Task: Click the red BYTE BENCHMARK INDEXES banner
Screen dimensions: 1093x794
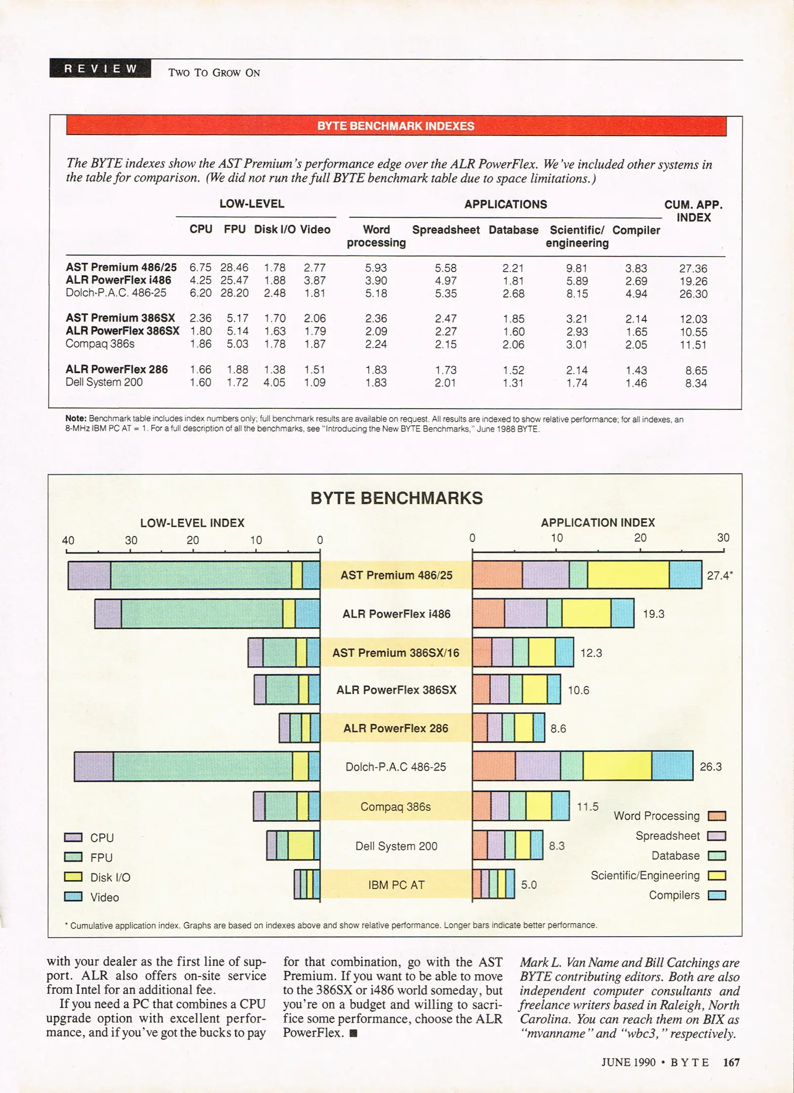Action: (x=396, y=126)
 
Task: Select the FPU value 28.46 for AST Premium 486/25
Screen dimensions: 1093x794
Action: (x=234, y=268)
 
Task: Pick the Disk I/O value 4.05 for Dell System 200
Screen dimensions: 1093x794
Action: (x=274, y=383)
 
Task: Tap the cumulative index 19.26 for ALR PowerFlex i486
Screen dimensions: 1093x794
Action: (x=693, y=281)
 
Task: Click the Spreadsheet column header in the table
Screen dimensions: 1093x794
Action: (x=446, y=230)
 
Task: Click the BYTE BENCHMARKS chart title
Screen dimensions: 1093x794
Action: (x=396, y=498)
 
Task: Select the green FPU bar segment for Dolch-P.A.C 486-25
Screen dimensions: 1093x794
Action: (x=202, y=767)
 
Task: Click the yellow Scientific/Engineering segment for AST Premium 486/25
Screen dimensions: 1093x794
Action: (x=628, y=575)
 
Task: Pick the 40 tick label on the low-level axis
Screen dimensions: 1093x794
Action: (x=68, y=540)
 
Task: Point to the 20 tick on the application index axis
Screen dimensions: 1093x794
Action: (x=640, y=538)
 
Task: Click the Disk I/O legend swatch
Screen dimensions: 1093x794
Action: (x=73, y=877)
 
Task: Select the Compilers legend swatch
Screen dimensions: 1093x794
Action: (x=717, y=895)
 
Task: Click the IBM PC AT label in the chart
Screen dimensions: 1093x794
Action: (x=396, y=885)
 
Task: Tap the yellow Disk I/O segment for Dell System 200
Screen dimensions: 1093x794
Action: (x=301, y=846)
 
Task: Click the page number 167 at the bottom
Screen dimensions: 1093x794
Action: (x=731, y=1062)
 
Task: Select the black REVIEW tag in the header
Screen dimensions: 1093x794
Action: (x=100, y=69)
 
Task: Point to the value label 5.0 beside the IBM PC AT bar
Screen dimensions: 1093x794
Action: (x=529, y=885)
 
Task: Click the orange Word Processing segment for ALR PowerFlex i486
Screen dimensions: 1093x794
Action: (x=489, y=613)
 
